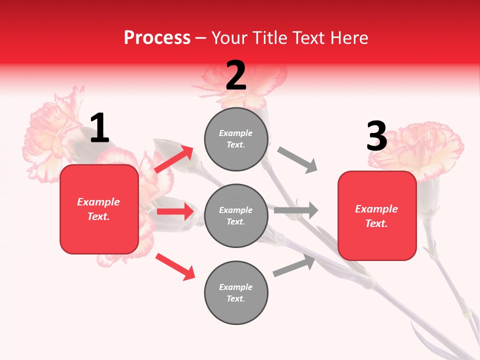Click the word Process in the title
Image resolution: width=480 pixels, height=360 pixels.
[157, 38]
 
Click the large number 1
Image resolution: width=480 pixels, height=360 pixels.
[99, 128]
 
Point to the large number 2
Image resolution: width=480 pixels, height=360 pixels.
[236, 76]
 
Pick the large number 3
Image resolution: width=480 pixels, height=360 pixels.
[376, 137]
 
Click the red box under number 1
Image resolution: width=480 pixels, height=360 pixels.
[99, 209]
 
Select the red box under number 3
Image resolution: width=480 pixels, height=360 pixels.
[377, 216]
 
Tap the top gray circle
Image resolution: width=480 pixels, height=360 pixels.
[236, 139]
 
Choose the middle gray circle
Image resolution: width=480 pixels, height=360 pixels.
[236, 216]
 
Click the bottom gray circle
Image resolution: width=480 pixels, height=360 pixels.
[236, 293]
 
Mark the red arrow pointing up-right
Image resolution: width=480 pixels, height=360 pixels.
[174, 159]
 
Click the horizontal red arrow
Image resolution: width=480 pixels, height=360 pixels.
[175, 211]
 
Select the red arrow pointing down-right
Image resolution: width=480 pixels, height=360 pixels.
[175, 266]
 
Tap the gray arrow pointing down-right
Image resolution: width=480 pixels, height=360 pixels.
[297, 160]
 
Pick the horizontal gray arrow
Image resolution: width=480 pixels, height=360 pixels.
[296, 210]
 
